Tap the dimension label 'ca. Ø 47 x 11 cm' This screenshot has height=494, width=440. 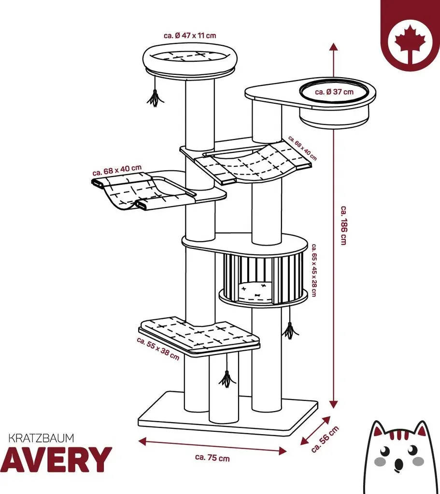pos(190,35)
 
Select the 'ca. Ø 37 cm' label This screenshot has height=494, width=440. pos(334,92)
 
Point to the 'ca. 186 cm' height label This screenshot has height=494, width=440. pos(343,225)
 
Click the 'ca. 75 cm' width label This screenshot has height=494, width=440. pos(213,457)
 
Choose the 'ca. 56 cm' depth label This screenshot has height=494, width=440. pos(325,439)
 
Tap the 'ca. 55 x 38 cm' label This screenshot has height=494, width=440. pos(158,349)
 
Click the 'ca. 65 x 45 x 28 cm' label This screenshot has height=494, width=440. pos(314,270)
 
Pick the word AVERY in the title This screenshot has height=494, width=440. pos(56,460)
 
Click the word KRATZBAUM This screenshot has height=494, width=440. pos(41,438)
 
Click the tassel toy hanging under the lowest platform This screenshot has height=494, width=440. pos(227,379)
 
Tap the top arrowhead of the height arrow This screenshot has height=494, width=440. pos(334,47)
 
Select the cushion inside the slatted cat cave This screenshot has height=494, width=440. pos(255,292)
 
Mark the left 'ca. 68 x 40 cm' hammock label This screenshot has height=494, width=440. pos(117,170)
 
